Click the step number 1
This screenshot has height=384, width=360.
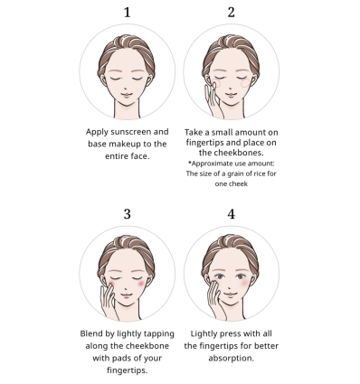point(128,13)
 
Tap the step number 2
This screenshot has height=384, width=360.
point(231,13)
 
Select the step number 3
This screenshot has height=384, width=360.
point(128,214)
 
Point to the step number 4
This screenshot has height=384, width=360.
point(231,214)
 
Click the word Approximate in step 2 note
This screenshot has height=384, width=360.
point(213,164)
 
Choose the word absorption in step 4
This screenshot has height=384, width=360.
point(231,359)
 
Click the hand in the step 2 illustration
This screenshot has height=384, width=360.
point(213,100)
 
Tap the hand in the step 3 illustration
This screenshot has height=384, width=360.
point(109,301)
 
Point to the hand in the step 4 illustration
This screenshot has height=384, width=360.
point(215,301)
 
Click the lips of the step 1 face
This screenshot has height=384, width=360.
point(127,95)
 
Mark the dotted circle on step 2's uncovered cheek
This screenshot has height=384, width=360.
point(246,83)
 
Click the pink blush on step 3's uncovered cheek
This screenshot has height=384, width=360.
point(141,284)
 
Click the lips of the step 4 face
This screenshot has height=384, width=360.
point(231,295)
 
